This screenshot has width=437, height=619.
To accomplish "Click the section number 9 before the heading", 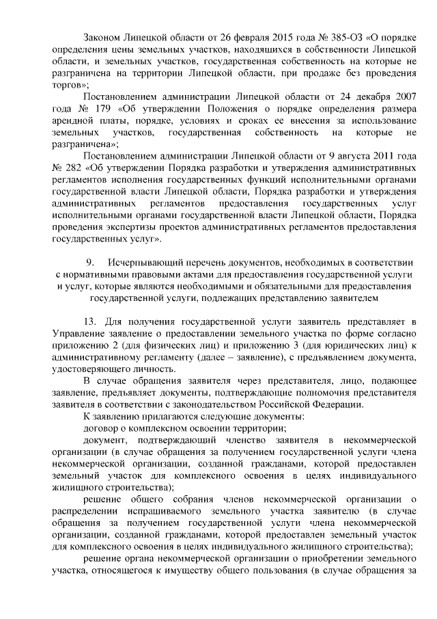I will pyautogui.click(x=89, y=263).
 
